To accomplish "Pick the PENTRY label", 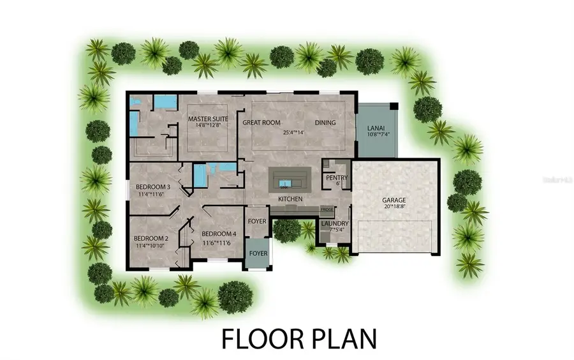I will [336, 177].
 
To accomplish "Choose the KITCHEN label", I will [290, 200].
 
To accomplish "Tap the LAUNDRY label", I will [334, 223].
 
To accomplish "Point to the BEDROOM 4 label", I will [219, 234].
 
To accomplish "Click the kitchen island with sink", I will [290, 177].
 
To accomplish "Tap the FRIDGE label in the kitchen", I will [327, 209].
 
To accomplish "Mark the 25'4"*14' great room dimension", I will [295, 133].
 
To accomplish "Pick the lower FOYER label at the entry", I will [258, 253].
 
